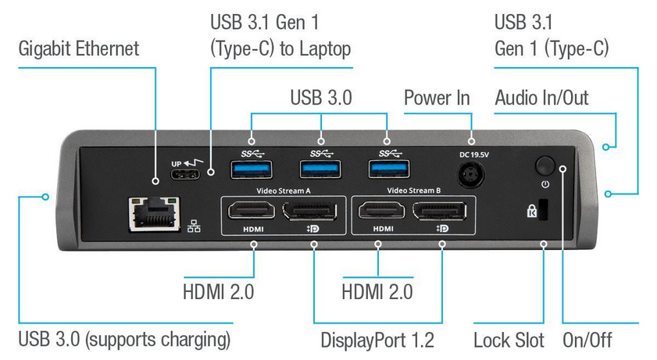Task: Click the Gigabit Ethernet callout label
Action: [79, 48]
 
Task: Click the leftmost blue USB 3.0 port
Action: [250, 168]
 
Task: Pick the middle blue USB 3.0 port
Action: [320, 168]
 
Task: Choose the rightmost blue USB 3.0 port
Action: [387, 168]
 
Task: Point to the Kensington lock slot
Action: [545, 210]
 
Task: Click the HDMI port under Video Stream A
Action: [251, 210]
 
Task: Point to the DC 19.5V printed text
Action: [472, 155]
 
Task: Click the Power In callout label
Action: [437, 98]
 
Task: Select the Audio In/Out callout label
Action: [541, 98]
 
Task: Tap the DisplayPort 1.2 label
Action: [377, 340]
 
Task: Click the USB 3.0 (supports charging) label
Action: [124, 340]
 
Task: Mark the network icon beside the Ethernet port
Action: [195, 226]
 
